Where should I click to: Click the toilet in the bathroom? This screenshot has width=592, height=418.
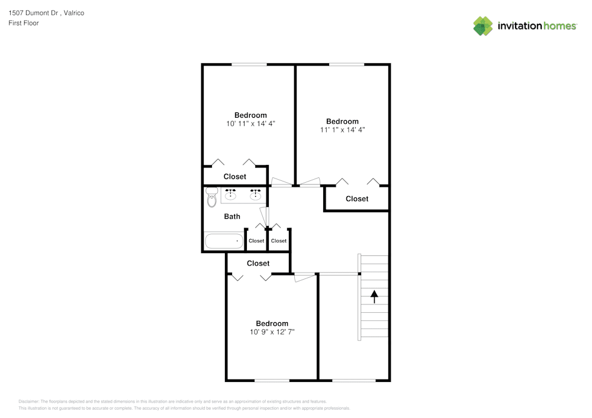coord(212,197)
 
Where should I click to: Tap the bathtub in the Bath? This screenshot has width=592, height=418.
coord(224,241)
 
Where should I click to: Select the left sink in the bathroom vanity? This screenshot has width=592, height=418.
coord(230,194)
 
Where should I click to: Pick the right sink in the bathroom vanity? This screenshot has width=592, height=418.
coord(255,194)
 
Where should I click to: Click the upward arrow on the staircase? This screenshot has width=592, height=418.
coord(374,297)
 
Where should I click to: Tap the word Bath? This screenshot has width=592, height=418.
coord(232,216)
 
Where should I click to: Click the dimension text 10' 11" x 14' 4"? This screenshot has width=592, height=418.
coord(250,124)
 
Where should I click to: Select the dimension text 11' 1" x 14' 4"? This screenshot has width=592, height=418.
coord(342,129)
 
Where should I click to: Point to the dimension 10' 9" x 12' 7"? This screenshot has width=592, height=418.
coord(272,332)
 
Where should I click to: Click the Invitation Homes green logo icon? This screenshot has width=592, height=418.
coord(483,26)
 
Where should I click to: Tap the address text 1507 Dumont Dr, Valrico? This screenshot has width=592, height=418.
coord(46,13)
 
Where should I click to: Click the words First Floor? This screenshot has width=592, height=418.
coord(24,23)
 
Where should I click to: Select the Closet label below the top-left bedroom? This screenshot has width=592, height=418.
coord(235,176)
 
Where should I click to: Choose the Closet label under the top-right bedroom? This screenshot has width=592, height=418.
coord(357,199)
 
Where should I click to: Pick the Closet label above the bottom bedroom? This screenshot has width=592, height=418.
coord(258,264)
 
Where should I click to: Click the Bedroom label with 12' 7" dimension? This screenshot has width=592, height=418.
coord(272,323)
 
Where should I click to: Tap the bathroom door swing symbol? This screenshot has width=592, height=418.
coord(265,217)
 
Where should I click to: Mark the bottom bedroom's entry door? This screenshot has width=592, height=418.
coord(304,277)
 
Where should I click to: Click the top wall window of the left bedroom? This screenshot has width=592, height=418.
coord(249,64)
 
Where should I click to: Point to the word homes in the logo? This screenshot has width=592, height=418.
coord(560,26)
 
